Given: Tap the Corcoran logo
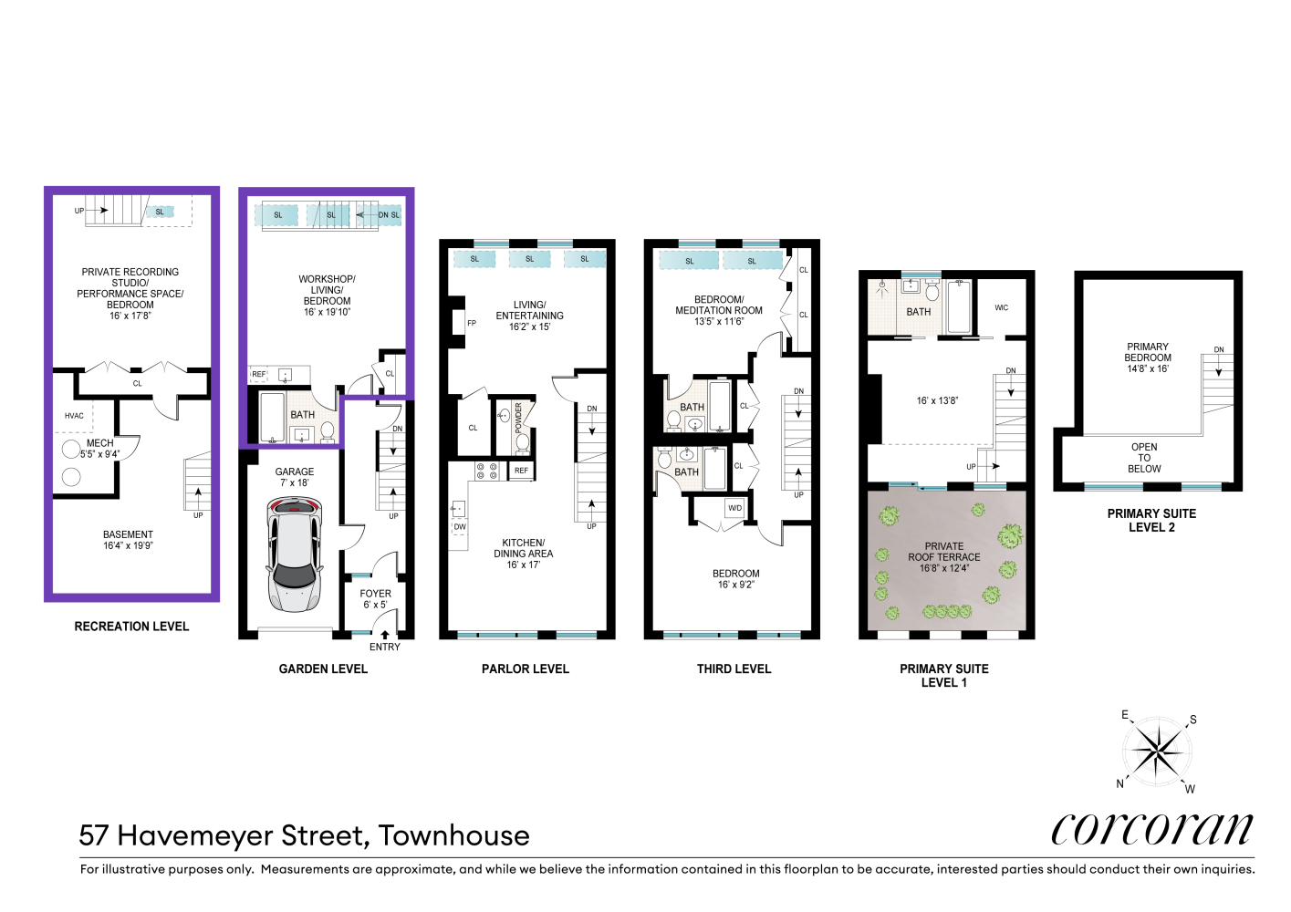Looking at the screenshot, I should point(1152,828).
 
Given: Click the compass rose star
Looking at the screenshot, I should point(1157,751).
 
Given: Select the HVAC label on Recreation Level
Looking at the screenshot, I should point(74,416).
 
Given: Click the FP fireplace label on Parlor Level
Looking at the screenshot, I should point(472,323).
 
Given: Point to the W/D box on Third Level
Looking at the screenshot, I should point(734,508).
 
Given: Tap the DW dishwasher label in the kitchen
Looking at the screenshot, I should point(460,526).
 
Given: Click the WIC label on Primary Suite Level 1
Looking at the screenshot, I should point(1002,308).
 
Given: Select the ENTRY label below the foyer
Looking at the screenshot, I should point(385,647).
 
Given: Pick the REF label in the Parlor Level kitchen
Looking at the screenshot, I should point(521,471).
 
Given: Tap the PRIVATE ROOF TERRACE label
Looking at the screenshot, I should point(944,557).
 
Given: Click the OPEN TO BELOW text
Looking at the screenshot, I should point(1144,458).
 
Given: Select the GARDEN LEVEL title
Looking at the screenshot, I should point(323,668).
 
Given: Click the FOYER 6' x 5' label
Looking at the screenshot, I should point(375,599).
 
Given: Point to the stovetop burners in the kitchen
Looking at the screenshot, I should point(486,471).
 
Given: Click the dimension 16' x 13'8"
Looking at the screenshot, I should point(937,400).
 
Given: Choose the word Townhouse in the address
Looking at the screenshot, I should point(453,835).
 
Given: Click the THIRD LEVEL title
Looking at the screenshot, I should point(734,668).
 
